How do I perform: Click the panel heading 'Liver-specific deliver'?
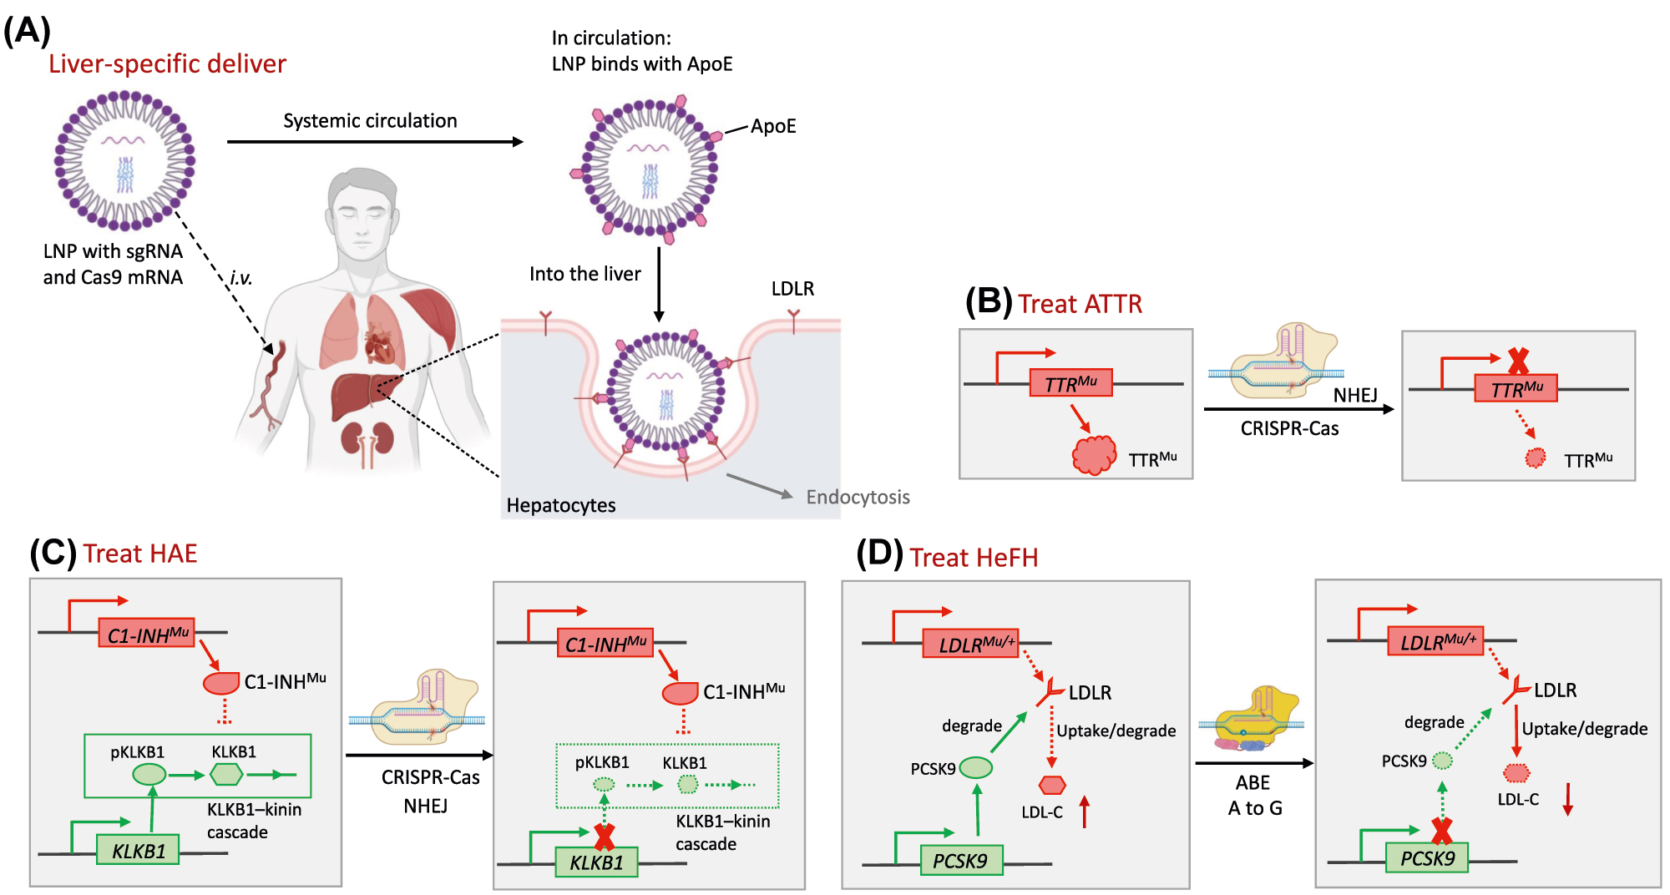tap(167, 64)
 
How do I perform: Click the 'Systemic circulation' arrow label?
tap(370, 121)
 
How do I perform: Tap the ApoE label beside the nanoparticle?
tap(773, 127)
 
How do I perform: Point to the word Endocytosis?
tap(858, 498)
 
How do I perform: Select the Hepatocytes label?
tap(561, 506)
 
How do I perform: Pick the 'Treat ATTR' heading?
tap(1080, 304)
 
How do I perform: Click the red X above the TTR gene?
tap(1518, 362)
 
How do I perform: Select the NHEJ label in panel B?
tap(1354, 396)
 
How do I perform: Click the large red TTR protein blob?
tap(1094, 455)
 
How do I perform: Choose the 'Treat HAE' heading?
tap(139, 554)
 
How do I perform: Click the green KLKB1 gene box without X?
tap(138, 851)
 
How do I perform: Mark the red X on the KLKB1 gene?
tap(604, 837)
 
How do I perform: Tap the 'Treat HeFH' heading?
tap(974, 558)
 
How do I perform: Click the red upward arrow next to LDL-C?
tap(1085, 812)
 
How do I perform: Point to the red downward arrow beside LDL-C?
tap(1567, 799)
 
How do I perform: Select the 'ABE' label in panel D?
tap(1252, 783)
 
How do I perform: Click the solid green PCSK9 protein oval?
tap(976, 767)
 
